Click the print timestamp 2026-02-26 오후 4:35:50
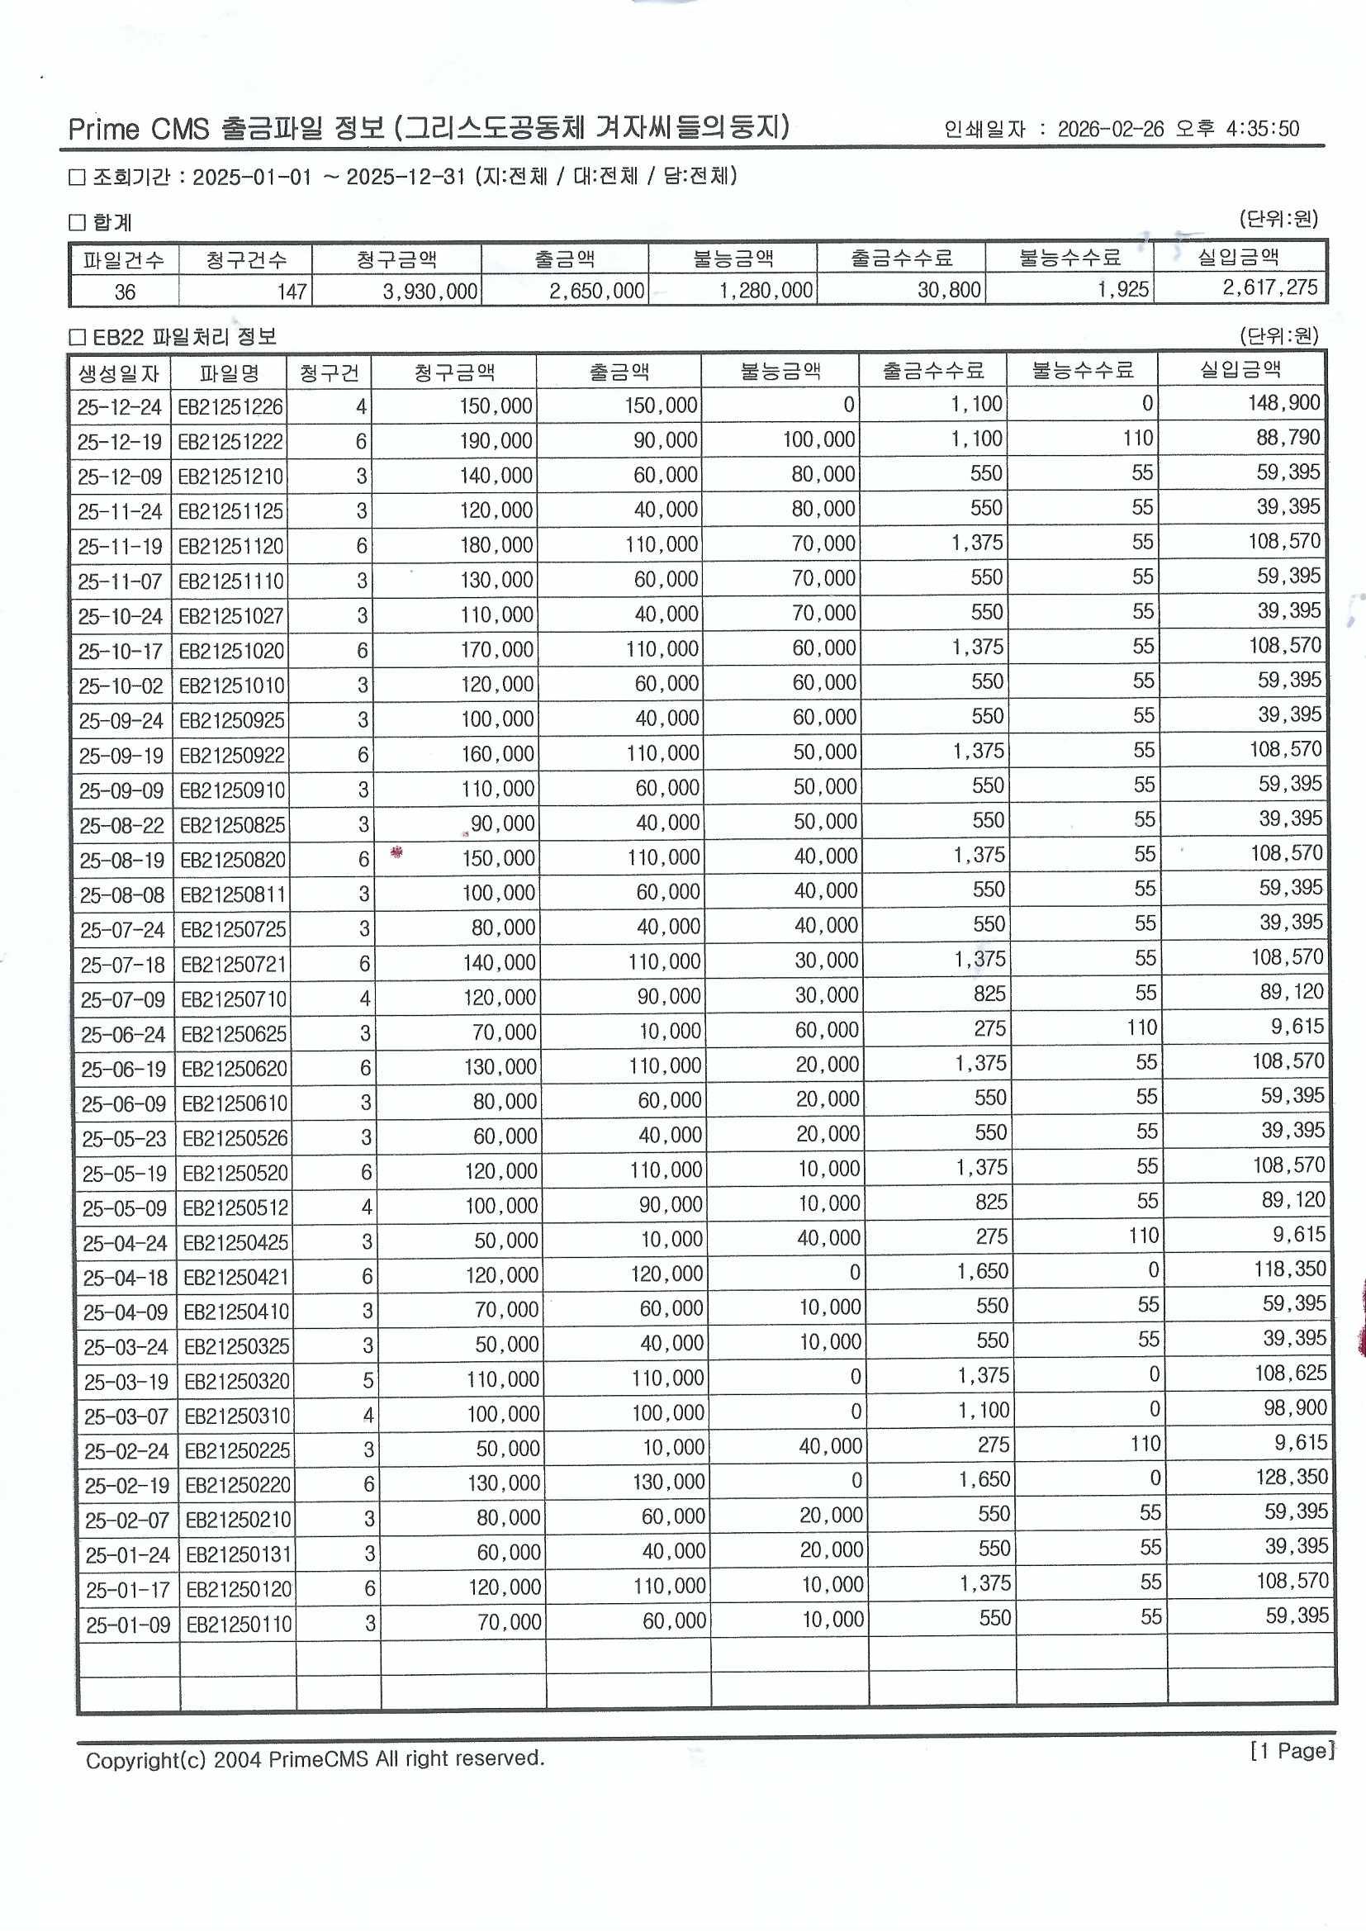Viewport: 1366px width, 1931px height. pyautogui.click(x=1178, y=129)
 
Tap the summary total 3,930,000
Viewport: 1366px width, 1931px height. pyautogui.click(x=429, y=291)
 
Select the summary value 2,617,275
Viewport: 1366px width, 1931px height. pyautogui.click(x=1269, y=287)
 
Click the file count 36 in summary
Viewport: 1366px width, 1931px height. pyautogui.click(x=125, y=292)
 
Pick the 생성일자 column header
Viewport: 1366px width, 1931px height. pyautogui.click(x=119, y=372)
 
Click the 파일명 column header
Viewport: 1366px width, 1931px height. pyautogui.click(x=229, y=372)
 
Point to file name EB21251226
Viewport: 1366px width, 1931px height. pyautogui.click(x=231, y=408)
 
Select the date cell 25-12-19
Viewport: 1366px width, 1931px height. pyautogui.click(x=120, y=443)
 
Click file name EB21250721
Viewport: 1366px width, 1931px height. pyautogui.click(x=234, y=965)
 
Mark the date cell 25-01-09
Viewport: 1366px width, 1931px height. pyautogui.click(x=128, y=1625)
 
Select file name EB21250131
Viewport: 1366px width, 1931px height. pyautogui.click(x=238, y=1555)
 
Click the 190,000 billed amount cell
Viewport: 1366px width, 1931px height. pyautogui.click(x=496, y=442)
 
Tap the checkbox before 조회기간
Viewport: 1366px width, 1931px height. pyautogui.click(x=78, y=178)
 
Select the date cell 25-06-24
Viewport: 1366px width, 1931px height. pyautogui.click(x=123, y=1034)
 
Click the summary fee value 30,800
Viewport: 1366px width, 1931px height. pyautogui.click(x=948, y=290)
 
